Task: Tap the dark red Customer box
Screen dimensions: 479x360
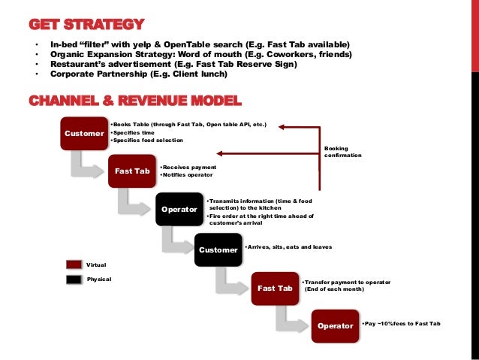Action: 84,134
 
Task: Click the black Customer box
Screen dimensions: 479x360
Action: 217,249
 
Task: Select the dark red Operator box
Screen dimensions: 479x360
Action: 335,325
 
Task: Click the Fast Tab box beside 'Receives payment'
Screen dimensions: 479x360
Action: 132,171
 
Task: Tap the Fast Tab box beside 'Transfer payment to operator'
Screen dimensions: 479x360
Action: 275,288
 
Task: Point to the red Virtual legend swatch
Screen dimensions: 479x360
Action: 74,265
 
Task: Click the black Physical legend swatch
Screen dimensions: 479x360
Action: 74,279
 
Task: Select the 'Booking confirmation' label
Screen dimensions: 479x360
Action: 342,152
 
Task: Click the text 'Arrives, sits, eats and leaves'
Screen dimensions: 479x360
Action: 288,247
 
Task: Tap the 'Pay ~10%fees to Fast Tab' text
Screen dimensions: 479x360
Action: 401,323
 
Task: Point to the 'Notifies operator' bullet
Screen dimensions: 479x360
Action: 188,175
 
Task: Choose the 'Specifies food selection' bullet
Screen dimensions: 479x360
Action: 147,141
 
